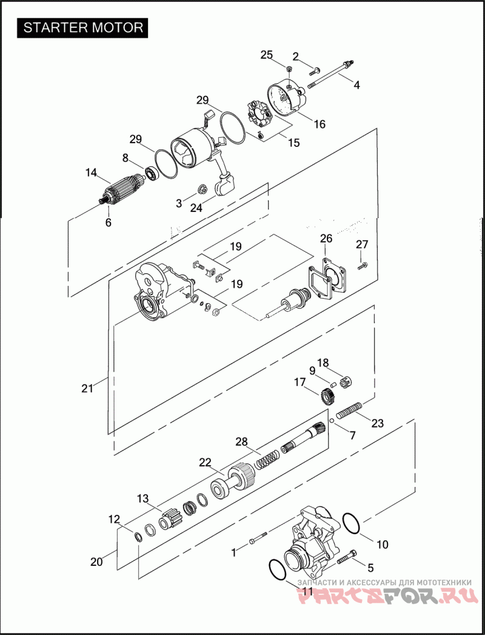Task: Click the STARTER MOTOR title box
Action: [x=82, y=27]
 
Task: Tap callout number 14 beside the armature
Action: [x=92, y=173]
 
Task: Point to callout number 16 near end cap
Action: [x=319, y=124]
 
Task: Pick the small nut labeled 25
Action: [x=289, y=69]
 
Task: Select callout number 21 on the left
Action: [x=87, y=389]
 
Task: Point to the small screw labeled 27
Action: [x=363, y=266]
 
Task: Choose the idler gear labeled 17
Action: [x=327, y=396]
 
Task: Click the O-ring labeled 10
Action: [x=351, y=523]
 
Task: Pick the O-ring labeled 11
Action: [x=278, y=571]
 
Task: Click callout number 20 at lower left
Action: [x=96, y=562]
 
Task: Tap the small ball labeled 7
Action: [x=332, y=421]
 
